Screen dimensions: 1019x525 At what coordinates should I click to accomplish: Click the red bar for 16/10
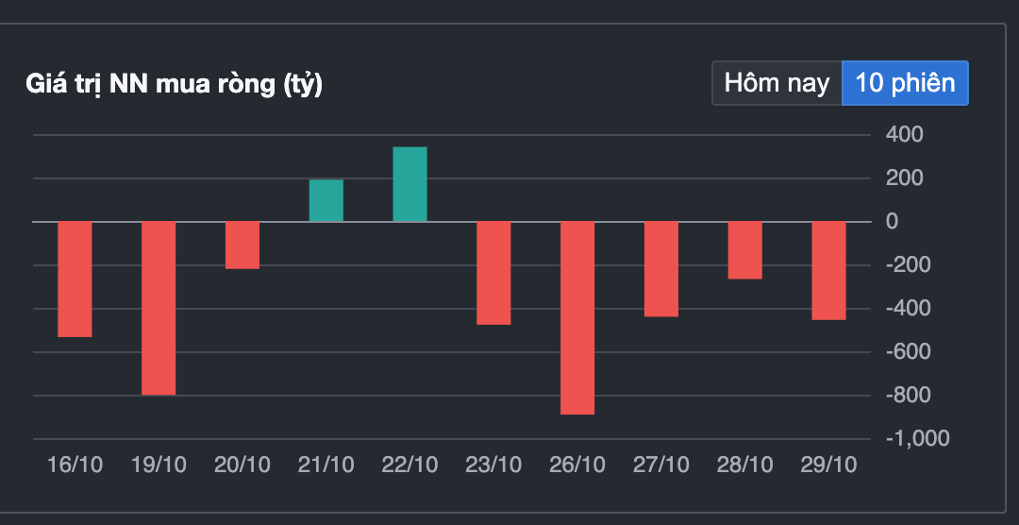click(75, 279)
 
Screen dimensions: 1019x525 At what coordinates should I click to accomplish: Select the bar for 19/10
click(159, 309)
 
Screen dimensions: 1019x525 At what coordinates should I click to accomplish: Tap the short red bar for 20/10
click(242, 246)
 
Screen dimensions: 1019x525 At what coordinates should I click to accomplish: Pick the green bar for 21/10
click(326, 200)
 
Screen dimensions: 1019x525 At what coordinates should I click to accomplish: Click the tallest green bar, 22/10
click(410, 184)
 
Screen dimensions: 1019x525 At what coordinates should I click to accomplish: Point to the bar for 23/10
click(493, 273)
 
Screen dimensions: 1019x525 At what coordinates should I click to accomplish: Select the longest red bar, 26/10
click(577, 318)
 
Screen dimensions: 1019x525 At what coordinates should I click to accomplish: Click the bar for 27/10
click(661, 269)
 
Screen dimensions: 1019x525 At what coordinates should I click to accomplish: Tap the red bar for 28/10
click(745, 250)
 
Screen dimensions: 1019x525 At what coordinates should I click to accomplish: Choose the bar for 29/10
click(829, 271)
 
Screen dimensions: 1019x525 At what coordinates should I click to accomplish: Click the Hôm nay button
click(777, 83)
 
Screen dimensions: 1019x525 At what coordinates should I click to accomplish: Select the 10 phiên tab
click(905, 83)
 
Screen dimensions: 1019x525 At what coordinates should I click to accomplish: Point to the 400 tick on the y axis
click(904, 135)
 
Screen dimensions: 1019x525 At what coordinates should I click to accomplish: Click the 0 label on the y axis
click(892, 221)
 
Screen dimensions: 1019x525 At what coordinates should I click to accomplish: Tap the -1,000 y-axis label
click(918, 438)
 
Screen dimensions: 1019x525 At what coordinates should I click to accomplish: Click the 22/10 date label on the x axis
click(410, 466)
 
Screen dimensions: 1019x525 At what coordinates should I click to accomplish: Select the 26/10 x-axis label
click(577, 466)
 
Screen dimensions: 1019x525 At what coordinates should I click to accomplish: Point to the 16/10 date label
click(75, 466)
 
